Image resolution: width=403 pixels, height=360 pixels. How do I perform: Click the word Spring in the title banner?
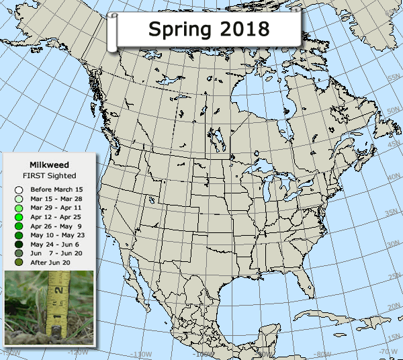click(176, 29)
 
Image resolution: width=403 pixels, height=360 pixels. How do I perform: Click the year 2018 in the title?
click(239, 29)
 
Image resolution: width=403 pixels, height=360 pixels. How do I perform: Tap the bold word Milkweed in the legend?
click(49, 164)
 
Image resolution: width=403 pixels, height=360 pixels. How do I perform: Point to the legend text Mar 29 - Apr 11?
click(53, 209)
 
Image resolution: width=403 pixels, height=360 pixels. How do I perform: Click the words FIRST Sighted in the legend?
click(49, 175)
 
